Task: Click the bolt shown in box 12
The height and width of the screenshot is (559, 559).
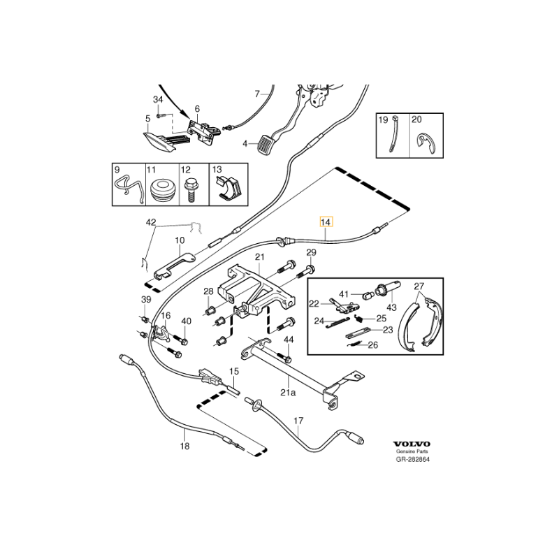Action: click(x=189, y=190)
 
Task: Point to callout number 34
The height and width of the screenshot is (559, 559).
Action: click(x=158, y=101)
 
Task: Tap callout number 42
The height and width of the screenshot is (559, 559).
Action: click(x=151, y=222)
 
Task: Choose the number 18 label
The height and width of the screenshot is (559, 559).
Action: click(x=185, y=445)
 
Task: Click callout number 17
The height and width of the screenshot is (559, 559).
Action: click(x=298, y=421)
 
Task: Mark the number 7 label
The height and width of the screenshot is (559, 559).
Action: click(x=256, y=94)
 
